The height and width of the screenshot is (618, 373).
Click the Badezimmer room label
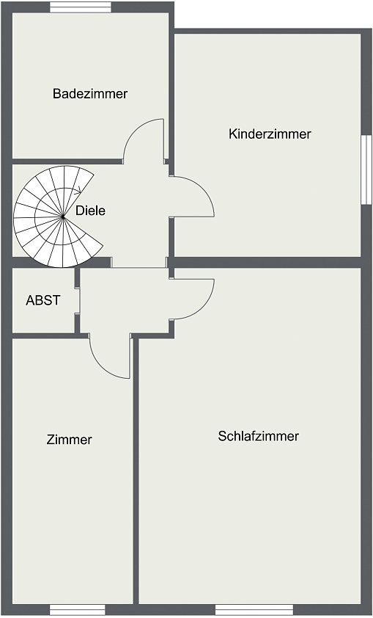point(90,94)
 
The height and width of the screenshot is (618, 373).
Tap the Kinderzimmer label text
point(270,134)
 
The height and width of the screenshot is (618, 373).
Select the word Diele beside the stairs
point(90,211)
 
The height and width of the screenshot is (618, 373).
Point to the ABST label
point(43,300)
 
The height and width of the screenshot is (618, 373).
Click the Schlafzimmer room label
point(259,436)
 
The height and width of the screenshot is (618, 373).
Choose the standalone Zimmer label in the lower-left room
point(69,440)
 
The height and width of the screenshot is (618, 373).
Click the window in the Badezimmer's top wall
point(81,7)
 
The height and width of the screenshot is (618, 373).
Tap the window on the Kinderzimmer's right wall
point(366,170)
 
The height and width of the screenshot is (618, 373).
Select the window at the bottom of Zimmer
point(78,609)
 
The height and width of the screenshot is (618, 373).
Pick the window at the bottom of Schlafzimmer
point(254,609)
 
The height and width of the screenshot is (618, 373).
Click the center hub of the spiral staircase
point(62,217)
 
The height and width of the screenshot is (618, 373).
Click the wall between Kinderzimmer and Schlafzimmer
point(267,263)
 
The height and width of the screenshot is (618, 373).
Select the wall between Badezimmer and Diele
point(67,161)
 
